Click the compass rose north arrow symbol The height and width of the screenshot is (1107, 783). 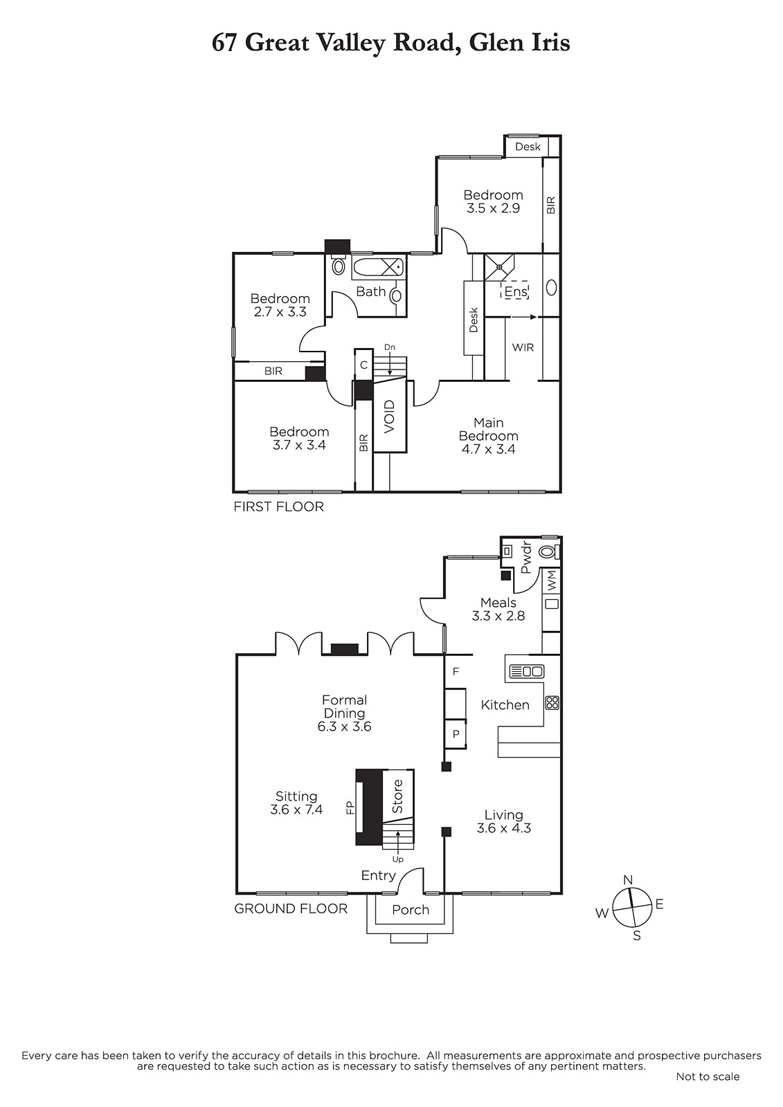pos(631,907)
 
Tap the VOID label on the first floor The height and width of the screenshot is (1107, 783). pos(390,417)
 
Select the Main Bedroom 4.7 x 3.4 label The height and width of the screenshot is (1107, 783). pos(488,436)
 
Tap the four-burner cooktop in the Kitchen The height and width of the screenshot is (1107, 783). pos(552,703)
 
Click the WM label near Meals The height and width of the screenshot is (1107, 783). pos(552,580)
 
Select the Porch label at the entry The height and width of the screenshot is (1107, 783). pos(410,910)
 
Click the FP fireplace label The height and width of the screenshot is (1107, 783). pos(350,808)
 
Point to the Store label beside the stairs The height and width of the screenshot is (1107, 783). pos(397,796)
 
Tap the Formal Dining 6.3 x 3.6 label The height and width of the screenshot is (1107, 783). pos(344,713)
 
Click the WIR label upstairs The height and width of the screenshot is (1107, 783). pos(523,347)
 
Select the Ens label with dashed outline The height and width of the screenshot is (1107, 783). pos(515,291)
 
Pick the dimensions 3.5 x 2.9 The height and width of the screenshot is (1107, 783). pos(493,208)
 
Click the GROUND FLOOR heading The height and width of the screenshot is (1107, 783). pos(291,908)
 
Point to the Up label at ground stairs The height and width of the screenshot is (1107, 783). pos(397,859)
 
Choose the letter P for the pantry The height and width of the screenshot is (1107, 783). pos(456,734)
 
